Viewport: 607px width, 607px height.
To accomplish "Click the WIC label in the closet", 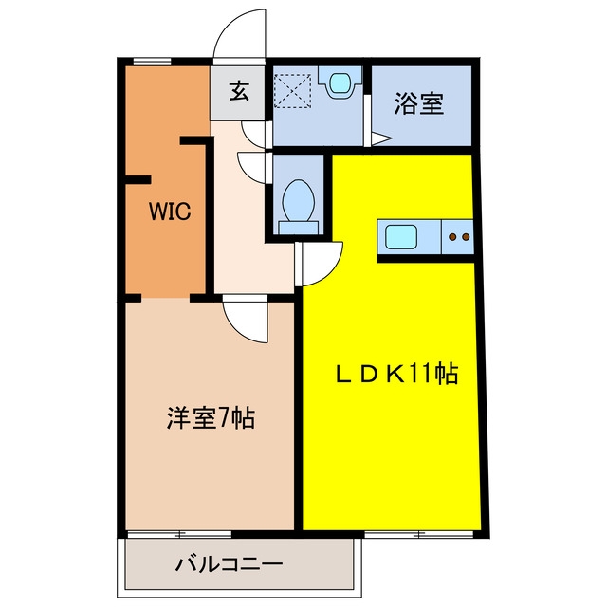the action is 170,212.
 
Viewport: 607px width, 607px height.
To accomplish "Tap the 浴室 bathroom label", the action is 419,103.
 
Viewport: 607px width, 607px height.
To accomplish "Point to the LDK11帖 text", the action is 397,374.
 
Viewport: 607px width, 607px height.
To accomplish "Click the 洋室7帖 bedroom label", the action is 211,418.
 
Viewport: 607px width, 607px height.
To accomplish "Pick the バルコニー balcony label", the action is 230,565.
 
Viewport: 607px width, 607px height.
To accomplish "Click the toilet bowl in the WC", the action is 299,200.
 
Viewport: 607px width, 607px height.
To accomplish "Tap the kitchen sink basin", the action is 401,237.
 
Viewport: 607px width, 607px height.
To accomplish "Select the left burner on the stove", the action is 452,236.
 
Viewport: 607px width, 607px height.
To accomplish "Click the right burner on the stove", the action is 466,236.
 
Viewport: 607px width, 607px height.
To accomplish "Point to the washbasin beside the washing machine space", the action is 340,83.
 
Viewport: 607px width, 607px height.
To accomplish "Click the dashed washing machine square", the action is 292,90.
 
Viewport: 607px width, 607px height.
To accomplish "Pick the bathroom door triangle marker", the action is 381,139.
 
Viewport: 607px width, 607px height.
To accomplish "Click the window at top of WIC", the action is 152,61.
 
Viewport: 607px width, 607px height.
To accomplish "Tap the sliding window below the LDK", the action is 419,534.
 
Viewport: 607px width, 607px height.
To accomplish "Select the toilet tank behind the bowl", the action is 299,228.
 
